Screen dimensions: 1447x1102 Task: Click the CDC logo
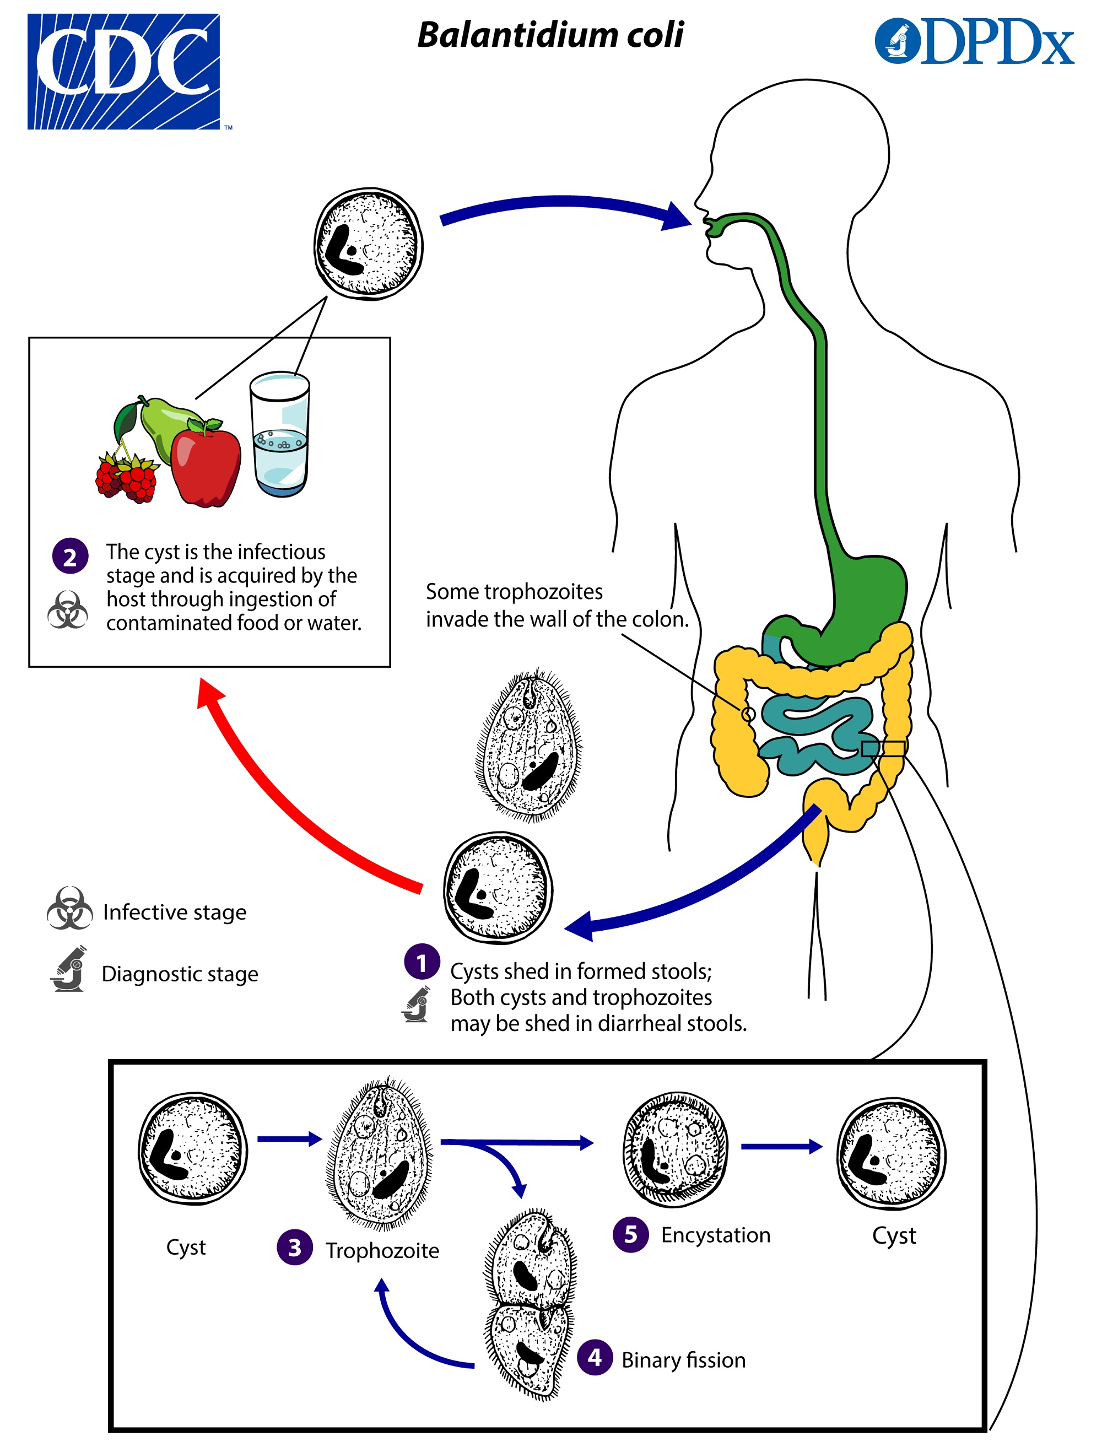tap(123, 71)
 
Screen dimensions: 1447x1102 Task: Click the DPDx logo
tap(974, 42)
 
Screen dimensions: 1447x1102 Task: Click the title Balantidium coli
tap(550, 35)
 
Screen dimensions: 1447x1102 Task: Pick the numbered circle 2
tap(70, 556)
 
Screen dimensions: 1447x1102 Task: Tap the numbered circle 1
tap(422, 962)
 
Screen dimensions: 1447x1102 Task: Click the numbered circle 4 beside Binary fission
tap(595, 1357)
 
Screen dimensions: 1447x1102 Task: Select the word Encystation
tap(715, 1234)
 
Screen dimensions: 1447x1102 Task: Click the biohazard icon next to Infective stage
tap(69, 909)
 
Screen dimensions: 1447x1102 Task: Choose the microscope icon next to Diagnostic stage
tap(69, 969)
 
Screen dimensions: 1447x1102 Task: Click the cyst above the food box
tap(369, 244)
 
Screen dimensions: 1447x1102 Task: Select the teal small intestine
tap(820, 735)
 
